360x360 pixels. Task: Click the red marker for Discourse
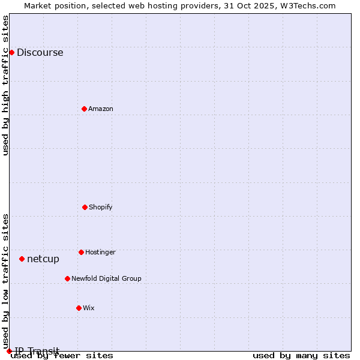(x=11, y=52)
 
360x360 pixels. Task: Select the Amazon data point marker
(x=84, y=109)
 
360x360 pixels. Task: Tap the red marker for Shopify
(x=85, y=207)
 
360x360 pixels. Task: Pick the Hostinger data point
(x=81, y=252)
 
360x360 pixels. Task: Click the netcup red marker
(x=22, y=259)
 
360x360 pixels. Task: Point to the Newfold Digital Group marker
(x=67, y=278)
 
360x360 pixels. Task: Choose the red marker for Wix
(x=79, y=308)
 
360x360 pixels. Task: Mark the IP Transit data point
(x=9, y=351)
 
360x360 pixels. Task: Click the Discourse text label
(x=40, y=52)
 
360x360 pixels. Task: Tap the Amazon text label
(x=101, y=109)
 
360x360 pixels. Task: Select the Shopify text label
(x=101, y=207)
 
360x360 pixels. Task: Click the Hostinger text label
(x=100, y=252)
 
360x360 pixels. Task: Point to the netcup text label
(x=43, y=259)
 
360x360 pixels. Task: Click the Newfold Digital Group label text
(x=106, y=278)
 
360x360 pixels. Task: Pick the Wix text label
(x=89, y=308)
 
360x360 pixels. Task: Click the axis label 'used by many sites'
(x=301, y=355)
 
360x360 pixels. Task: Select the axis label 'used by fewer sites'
(x=62, y=355)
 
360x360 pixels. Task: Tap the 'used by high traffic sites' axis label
(x=6, y=85)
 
